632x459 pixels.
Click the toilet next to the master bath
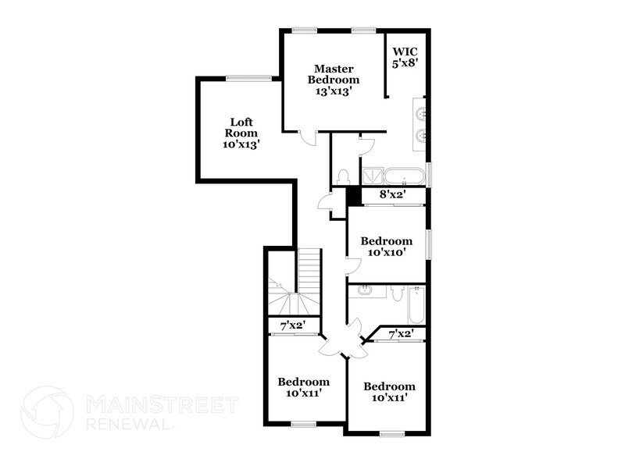[343, 176]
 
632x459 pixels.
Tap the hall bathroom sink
[365, 292]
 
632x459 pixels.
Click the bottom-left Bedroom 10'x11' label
[304, 387]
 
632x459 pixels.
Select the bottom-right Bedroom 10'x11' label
[389, 392]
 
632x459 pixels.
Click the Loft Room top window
[248, 77]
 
